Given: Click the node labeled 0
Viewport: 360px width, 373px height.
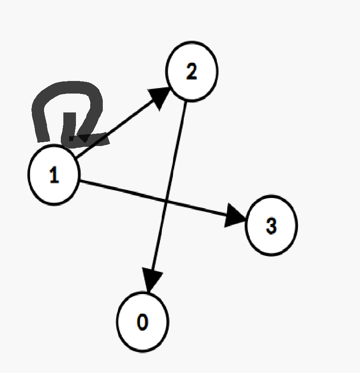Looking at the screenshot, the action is point(142,321).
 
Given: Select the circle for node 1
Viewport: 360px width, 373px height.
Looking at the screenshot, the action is point(53,175).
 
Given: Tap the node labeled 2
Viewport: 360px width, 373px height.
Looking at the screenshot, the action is point(191,71).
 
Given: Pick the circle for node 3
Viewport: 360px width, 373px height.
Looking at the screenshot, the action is point(271,225).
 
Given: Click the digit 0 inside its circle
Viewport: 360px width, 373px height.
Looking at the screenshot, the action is point(142,322).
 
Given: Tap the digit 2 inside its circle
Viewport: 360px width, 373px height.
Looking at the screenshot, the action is point(191,72).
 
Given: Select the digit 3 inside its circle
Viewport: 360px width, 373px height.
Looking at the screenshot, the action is point(271,226).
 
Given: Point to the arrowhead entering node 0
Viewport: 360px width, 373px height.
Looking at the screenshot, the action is point(152,279).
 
